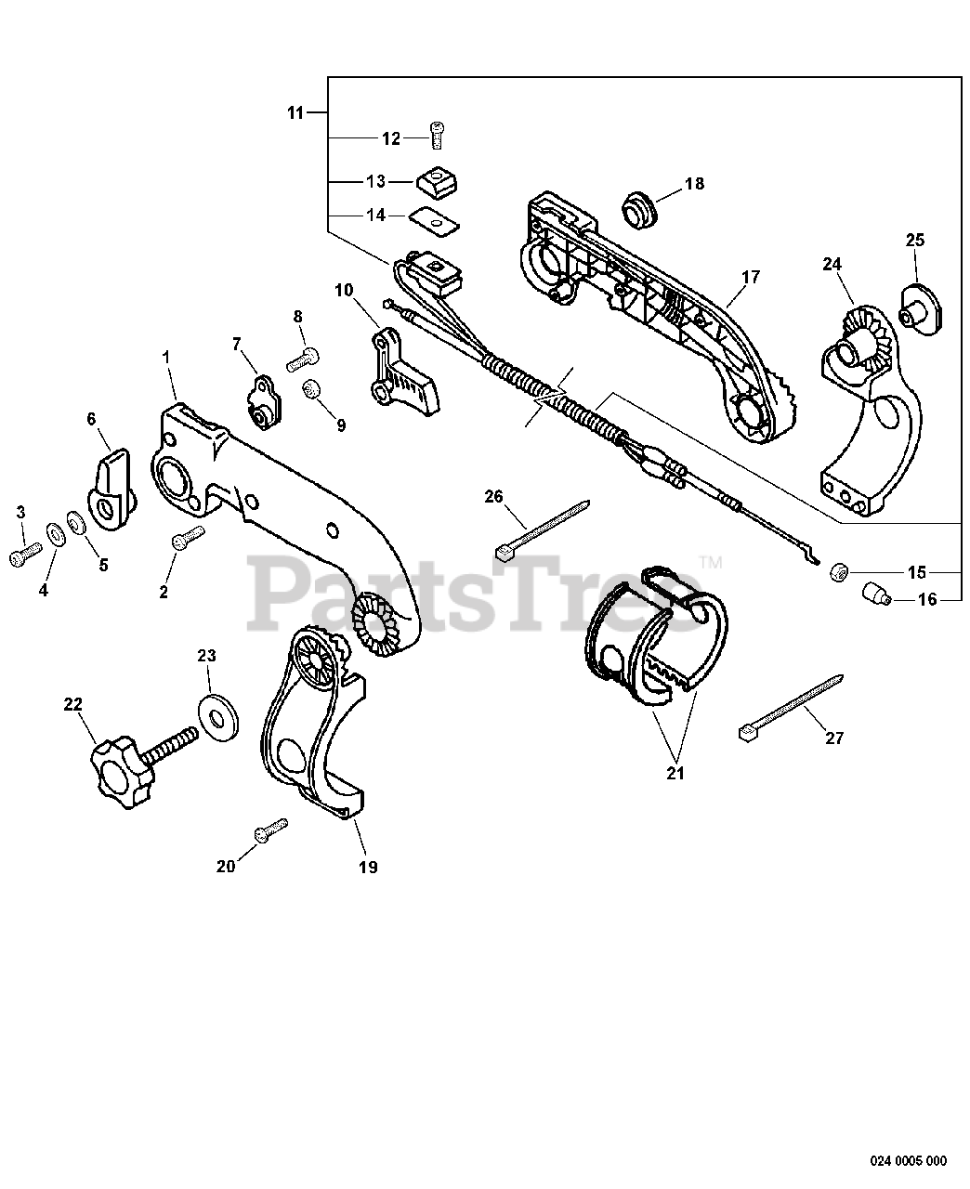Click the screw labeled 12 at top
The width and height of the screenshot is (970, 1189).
click(x=438, y=136)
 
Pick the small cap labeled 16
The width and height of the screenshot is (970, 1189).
click(x=874, y=594)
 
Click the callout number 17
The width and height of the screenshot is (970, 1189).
click(x=751, y=277)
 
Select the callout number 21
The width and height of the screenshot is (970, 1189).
click(x=675, y=773)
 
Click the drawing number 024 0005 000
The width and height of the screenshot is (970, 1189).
click(x=909, y=1160)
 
